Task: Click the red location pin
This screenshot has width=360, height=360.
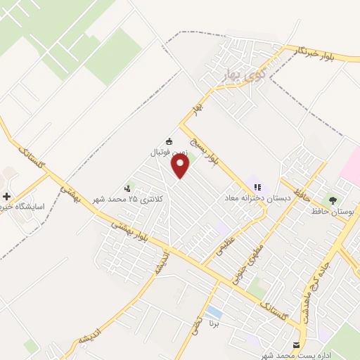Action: tap(181, 165)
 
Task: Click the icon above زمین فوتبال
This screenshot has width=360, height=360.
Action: tap(168, 141)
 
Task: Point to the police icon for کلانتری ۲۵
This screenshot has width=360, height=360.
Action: tap(127, 188)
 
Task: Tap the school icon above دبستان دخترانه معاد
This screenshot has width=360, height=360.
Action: tap(257, 188)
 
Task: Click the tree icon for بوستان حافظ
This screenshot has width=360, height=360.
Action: tap(333, 200)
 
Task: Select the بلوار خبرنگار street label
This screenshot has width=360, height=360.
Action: tap(303, 53)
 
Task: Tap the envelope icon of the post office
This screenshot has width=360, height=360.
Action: tap(295, 345)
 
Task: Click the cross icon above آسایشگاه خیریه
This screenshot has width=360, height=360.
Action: tap(7, 197)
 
